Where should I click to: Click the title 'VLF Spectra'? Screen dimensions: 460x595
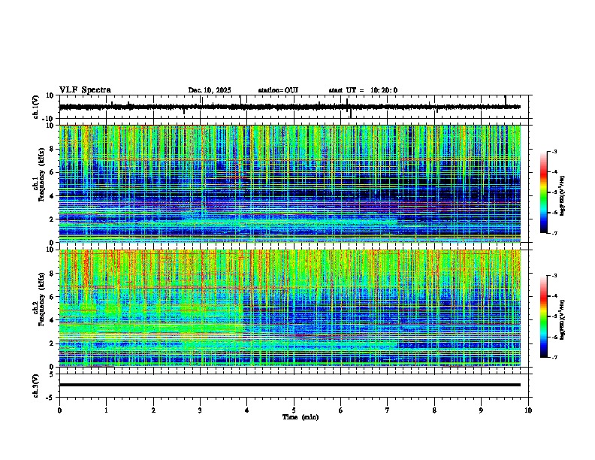(85, 89)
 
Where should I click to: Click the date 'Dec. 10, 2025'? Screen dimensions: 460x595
(209, 90)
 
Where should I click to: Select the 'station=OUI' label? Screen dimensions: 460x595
(278, 90)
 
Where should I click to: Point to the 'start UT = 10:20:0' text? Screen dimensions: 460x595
(363, 90)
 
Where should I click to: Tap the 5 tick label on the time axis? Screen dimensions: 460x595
(294, 410)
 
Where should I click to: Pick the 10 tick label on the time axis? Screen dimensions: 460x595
(528, 410)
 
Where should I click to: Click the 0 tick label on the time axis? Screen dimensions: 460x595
(59, 410)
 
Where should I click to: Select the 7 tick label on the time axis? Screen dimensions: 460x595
(388, 410)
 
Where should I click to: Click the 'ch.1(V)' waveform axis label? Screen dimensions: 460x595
(35, 107)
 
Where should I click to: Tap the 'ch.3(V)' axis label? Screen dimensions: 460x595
(35, 384)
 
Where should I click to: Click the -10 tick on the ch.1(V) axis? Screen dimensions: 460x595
(48, 119)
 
